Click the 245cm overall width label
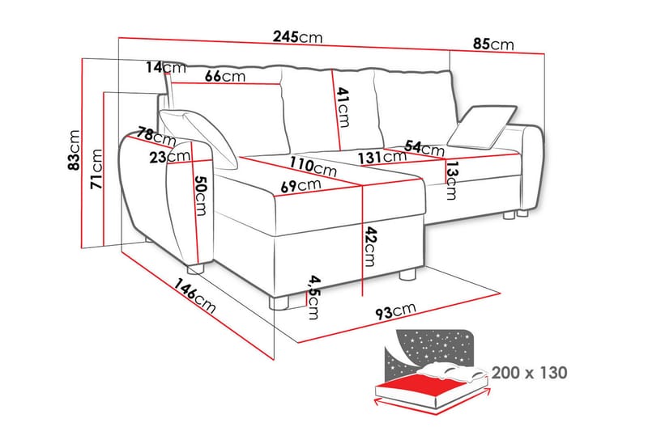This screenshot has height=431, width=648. (297, 37)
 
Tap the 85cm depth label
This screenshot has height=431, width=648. (493, 44)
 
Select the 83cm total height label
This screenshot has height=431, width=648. (75, 150)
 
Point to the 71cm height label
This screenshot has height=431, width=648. (96, 169)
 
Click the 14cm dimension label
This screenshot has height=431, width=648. (166, 67)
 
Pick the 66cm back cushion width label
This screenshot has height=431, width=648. (225, 76)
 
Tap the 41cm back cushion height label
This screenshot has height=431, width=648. (343, 108)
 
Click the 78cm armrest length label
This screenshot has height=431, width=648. (157, 136)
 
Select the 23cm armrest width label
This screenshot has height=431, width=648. (170, 156)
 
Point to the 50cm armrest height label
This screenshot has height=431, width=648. (201, 196)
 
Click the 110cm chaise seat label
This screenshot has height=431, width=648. (313, 167)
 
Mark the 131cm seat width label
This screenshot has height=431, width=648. (382, 157)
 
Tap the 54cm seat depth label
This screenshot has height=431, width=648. (424, 147)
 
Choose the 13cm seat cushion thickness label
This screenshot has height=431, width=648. (452, 180)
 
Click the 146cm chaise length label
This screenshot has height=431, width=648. (194, 296)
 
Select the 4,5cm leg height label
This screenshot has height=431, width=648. (314, 298)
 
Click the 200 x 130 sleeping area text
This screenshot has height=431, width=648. (530, 373)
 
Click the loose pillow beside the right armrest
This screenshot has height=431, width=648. (482, 127)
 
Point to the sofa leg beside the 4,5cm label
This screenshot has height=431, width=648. (279, 302)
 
